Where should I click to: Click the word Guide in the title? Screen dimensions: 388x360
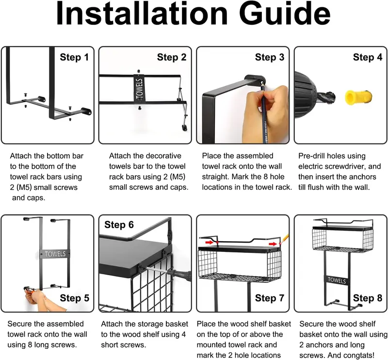[285, 13]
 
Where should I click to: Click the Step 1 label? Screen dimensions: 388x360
[74, 57]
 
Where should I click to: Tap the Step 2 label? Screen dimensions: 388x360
[172, 57]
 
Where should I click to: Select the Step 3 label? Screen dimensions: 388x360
[270, 57]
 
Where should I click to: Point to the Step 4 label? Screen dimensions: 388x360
[368, 57]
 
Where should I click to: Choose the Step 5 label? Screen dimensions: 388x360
[75, 298]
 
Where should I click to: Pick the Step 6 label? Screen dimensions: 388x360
[119, 225]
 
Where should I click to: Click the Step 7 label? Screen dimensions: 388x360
[270, 298]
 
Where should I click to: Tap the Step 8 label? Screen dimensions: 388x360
[368, 298]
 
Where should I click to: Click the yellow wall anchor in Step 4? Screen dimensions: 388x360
[358, 98]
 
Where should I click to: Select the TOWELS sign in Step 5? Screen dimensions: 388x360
[55, 254]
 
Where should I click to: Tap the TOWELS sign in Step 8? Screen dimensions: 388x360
[337, 281]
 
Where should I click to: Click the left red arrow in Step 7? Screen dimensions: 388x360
[210, 242]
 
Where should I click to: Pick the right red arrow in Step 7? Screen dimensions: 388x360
[273, 244]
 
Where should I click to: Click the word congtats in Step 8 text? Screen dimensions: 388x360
[358, 356]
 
